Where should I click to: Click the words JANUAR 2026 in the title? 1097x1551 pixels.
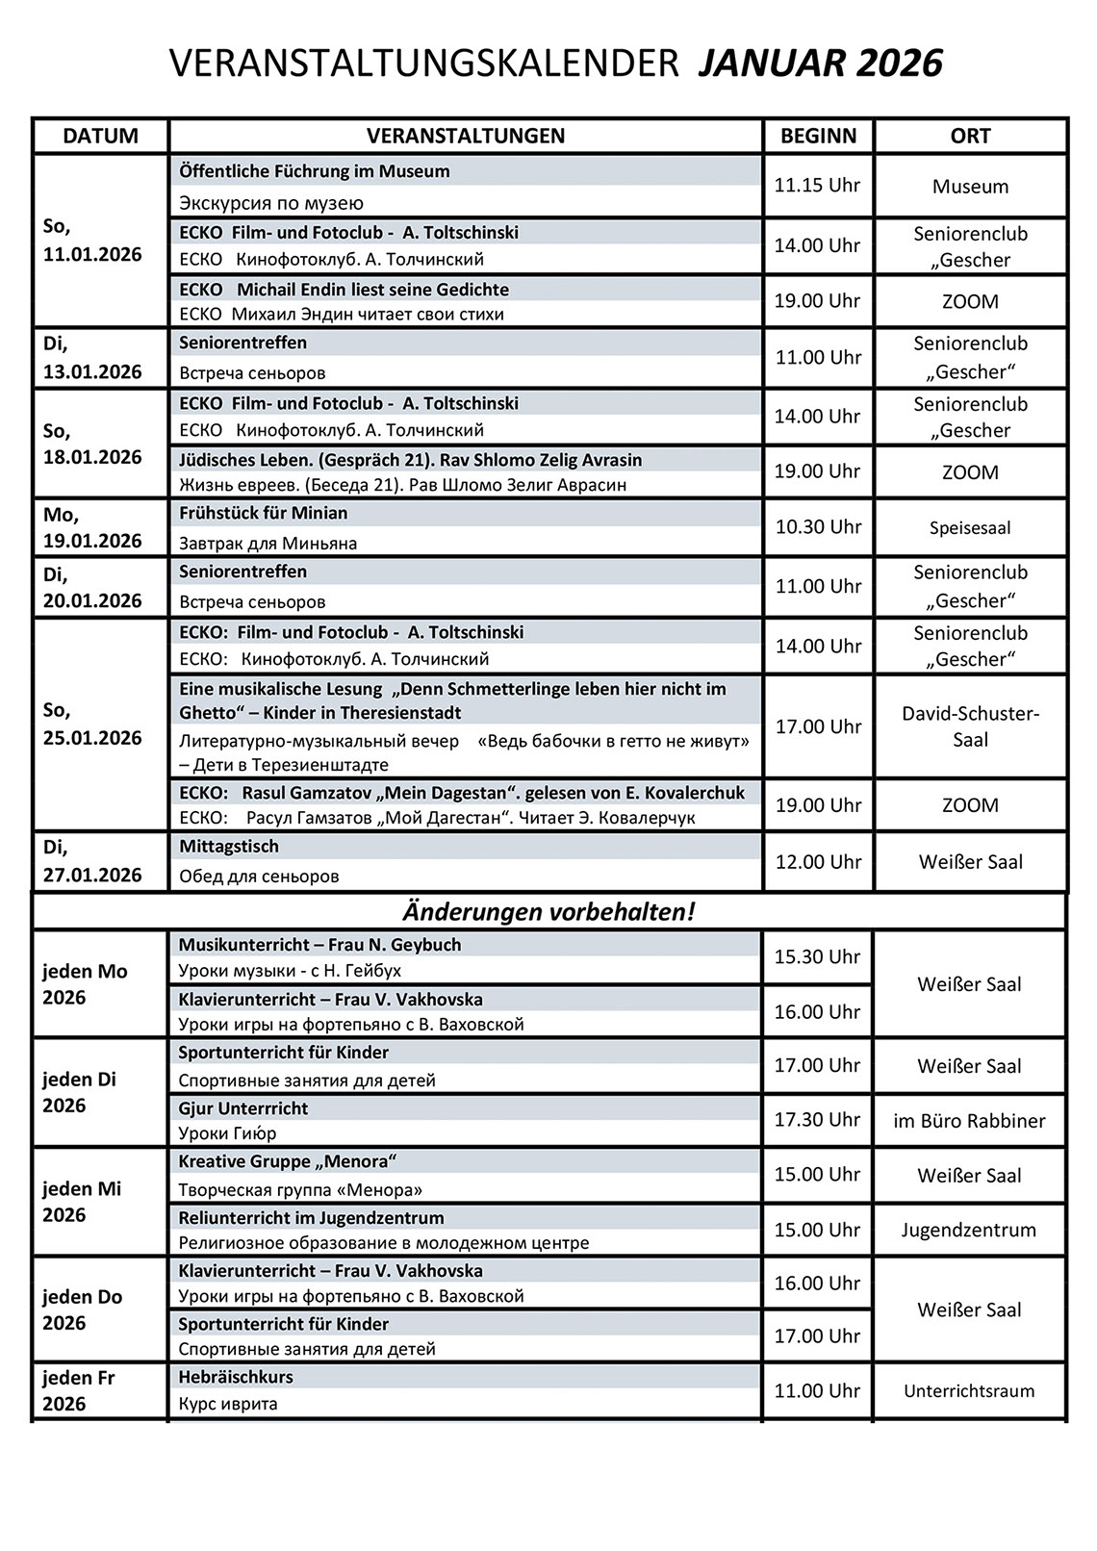click(820, 64)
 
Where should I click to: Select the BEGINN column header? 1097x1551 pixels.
click(818, 136)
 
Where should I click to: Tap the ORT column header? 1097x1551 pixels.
click(970, 136)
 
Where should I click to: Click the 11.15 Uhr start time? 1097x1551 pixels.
click(817, 185)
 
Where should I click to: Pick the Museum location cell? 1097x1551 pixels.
click(970, 187)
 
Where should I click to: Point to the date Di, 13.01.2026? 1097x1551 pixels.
click(92, 358)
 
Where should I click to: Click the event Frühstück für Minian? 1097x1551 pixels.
click(263, 513)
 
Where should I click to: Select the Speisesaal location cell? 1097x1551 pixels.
click(970, 527)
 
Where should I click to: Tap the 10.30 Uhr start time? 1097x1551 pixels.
click(818, 526)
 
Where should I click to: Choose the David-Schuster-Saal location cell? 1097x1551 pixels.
click(970, 726)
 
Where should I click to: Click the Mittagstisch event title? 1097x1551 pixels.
click(229, 847)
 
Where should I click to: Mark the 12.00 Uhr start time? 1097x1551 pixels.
click(818, 862)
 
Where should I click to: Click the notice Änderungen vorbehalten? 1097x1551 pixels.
click(548, 911)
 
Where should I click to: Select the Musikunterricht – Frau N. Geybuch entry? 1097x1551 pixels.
click(319, 945)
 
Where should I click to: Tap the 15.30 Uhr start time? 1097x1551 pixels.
click(818, 956)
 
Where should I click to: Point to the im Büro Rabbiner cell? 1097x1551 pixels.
click(969, 1121)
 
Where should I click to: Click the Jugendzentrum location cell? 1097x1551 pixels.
click(969, 1230)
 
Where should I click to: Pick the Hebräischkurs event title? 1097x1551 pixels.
click(236, 1377)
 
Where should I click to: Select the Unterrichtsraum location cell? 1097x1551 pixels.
click(969, 1391)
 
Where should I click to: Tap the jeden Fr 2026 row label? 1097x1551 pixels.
click(79, 1390)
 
